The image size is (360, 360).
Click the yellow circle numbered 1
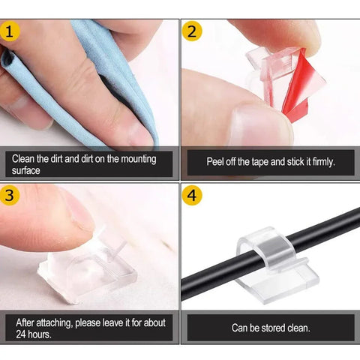pos(10,33)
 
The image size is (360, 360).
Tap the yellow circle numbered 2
pos(192,33)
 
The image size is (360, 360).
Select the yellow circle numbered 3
pos(10,196)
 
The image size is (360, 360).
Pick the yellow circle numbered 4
pos(193,196)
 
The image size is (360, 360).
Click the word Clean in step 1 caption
pos(25,159)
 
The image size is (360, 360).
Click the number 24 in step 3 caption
pos(21,334)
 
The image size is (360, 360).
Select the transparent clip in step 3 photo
pos(82,266)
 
